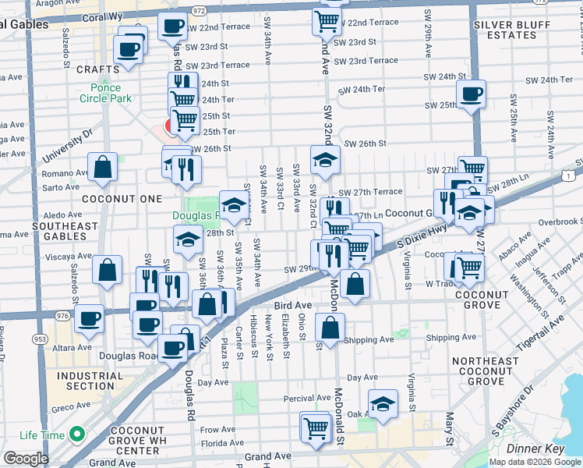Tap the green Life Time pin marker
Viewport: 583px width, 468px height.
[x=76, y=434]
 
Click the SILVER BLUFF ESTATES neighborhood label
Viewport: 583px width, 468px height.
[x=515, y=30]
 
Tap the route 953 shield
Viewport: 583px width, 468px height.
[x=39, y=339]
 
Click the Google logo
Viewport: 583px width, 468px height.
[x=26, y=458]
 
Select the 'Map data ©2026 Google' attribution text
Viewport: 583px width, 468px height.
[x=535, y=462]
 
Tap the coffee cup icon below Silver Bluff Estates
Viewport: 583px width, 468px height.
[x=470, y=95]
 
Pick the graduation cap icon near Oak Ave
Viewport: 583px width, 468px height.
[x=381, y=404]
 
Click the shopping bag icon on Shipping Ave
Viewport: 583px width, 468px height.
[x=330, y=328]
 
